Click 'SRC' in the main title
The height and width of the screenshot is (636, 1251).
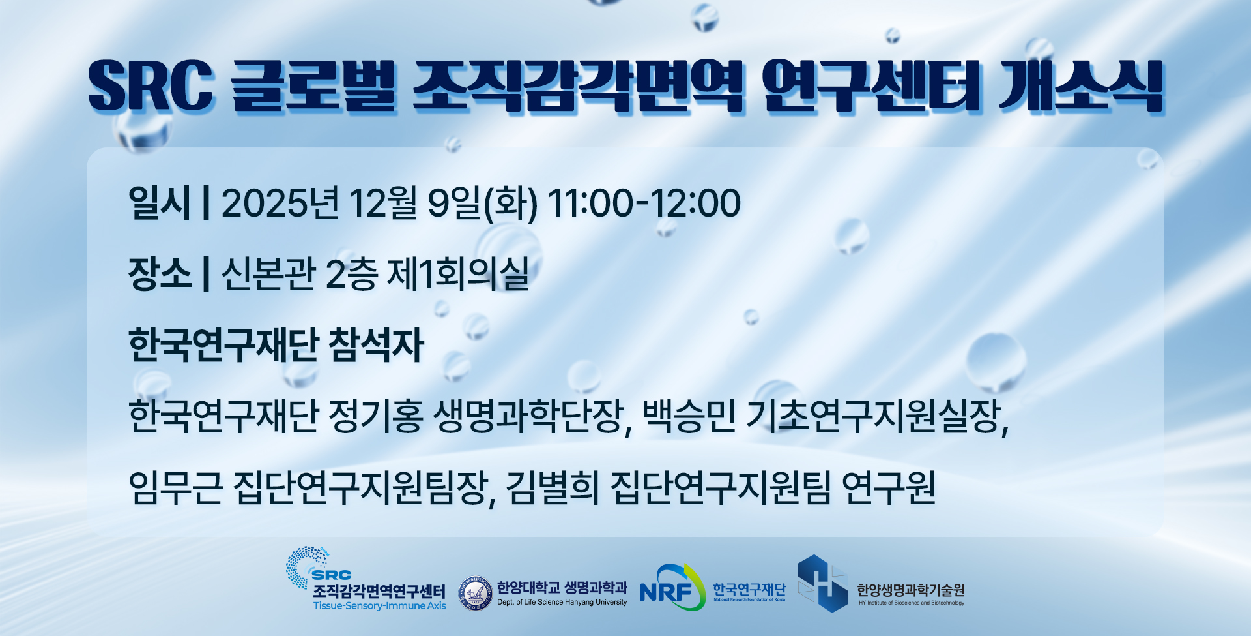coord(151,85)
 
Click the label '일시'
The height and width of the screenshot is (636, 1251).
coord(160,203)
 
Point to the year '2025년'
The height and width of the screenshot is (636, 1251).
coord(280,203)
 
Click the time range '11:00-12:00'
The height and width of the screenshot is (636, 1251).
coord(644,203)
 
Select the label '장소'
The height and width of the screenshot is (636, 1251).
coord(160,273)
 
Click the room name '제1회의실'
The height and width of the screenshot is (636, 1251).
coord(458,273)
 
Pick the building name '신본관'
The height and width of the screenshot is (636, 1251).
coord(268,273)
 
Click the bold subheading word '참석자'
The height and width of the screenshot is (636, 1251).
coord(377,344)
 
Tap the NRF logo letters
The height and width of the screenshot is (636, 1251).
coord(665,592)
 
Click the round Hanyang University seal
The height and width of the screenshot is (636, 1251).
coord(476,594)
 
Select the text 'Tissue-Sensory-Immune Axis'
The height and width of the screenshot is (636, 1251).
coord(379,606)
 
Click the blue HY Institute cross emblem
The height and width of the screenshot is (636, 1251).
coord(823,584)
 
